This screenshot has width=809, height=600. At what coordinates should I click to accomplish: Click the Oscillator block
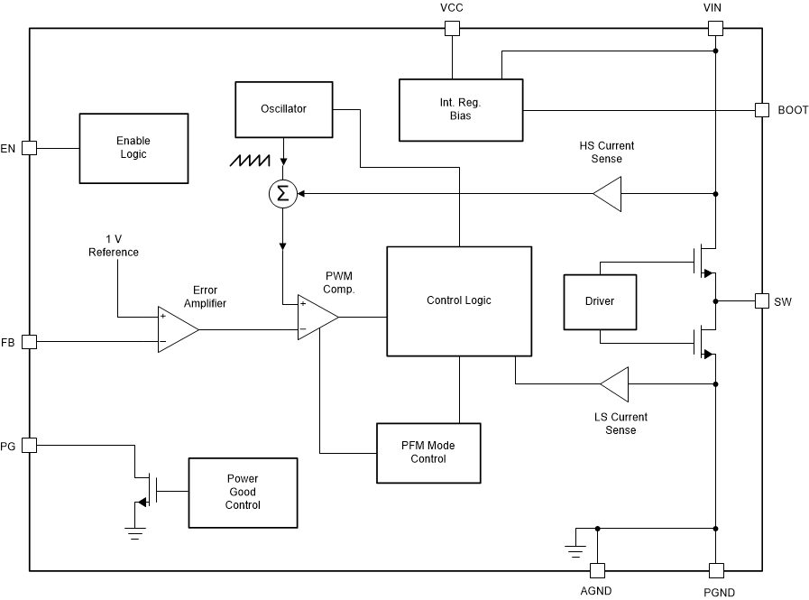tap(284, 109)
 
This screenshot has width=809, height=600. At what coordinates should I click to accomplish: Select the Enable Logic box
tap(133, 148)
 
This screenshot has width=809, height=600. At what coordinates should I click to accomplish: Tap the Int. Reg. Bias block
tap(461, 110)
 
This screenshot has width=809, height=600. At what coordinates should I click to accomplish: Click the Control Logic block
tap(459, 300)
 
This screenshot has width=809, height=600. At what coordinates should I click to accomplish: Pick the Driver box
tap(600, 301)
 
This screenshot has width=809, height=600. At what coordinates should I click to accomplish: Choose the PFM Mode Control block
tap(428, 452)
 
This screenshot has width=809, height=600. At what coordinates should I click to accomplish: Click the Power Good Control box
tap(242, 493)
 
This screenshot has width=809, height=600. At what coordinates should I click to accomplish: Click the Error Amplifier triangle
tap(176, 329)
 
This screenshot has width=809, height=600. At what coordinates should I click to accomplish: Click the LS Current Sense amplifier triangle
tap(616, 384)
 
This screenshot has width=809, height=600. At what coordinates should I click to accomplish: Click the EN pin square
tap(29, 148)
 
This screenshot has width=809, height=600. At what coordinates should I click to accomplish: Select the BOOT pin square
tap(760, 110)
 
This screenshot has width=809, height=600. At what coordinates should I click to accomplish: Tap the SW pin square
tap(760, 300)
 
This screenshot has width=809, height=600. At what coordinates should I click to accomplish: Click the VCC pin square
tap(452, 28)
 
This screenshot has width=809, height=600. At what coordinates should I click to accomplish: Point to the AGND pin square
tap(596, 570)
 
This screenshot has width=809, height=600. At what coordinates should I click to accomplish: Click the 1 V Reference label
tap(114, 245)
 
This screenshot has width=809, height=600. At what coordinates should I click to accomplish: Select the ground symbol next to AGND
tap(573, 547)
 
